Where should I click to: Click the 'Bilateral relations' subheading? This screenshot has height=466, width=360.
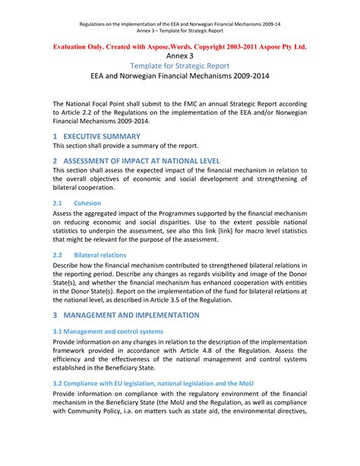pos(105,255)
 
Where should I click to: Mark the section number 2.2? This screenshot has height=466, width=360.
pos(57,255)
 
